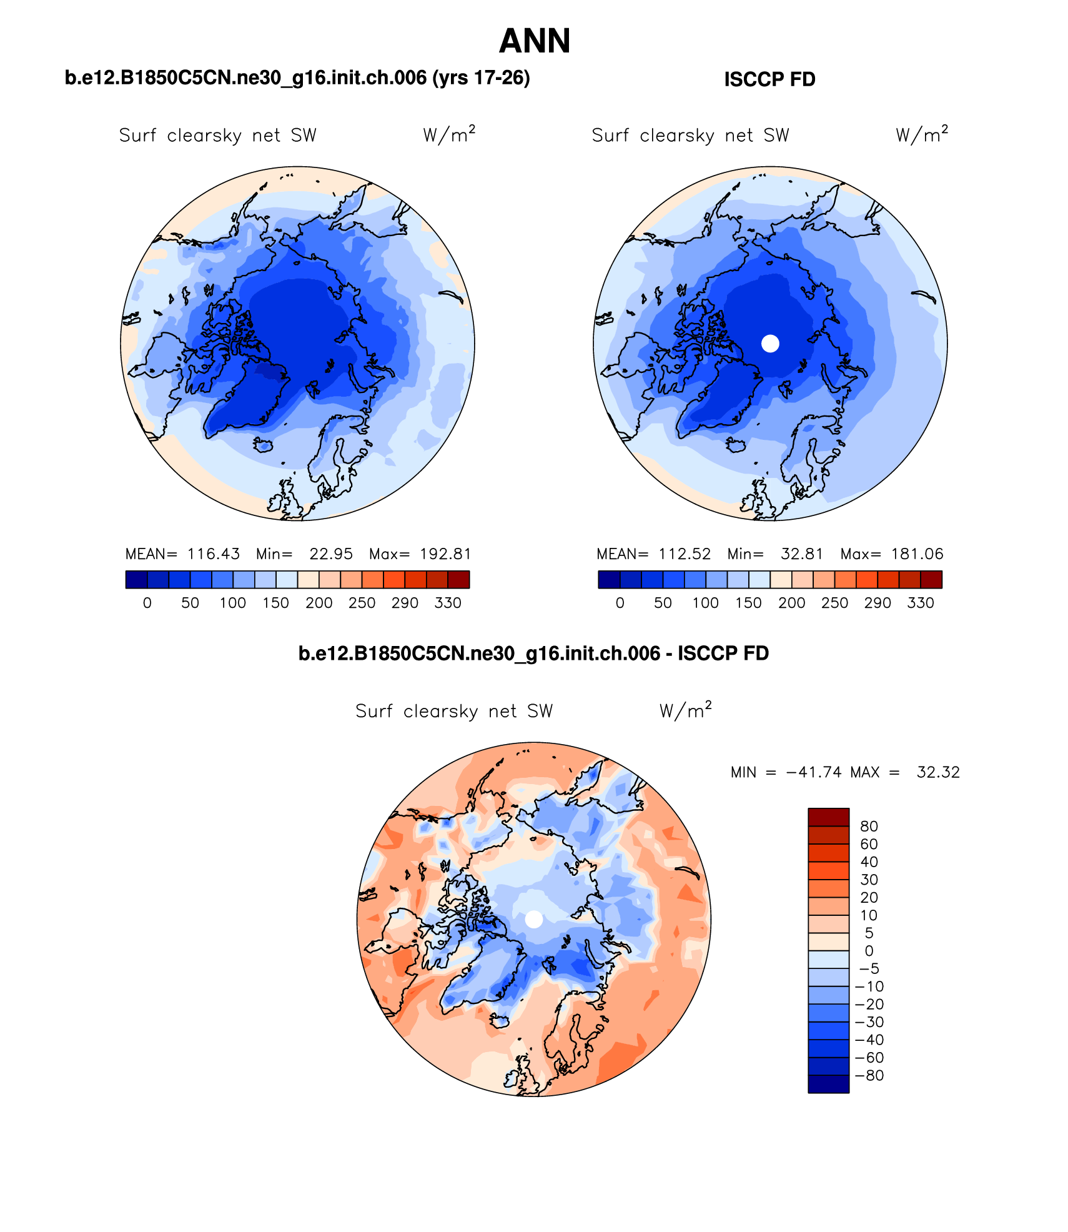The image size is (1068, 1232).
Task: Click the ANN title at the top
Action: coord(535,41)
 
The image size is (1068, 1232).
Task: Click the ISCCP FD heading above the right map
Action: coord(769,79)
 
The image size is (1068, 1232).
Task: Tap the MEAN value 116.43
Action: coord(213,554)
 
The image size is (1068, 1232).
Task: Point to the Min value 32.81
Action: coord(802,554)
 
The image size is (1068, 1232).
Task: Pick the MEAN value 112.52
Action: coord(685,554)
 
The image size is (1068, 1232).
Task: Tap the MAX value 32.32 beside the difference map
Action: coord(938,772)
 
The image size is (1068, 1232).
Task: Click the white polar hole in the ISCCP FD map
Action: coord(771,343)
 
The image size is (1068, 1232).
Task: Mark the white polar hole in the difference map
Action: coord(534,919)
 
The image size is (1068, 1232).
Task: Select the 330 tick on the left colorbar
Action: coord(448,603)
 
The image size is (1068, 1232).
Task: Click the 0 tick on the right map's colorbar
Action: coord(620,603)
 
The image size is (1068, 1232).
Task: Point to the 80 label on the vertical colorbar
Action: coord(869,826)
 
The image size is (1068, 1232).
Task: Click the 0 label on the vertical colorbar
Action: coord(869,950)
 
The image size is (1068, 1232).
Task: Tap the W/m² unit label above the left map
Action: coord(449,134)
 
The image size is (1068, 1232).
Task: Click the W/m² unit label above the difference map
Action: coord(685,710)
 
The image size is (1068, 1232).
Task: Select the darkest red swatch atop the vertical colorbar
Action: coord(828,817)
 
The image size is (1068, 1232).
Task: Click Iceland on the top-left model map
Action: coord(264,445)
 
